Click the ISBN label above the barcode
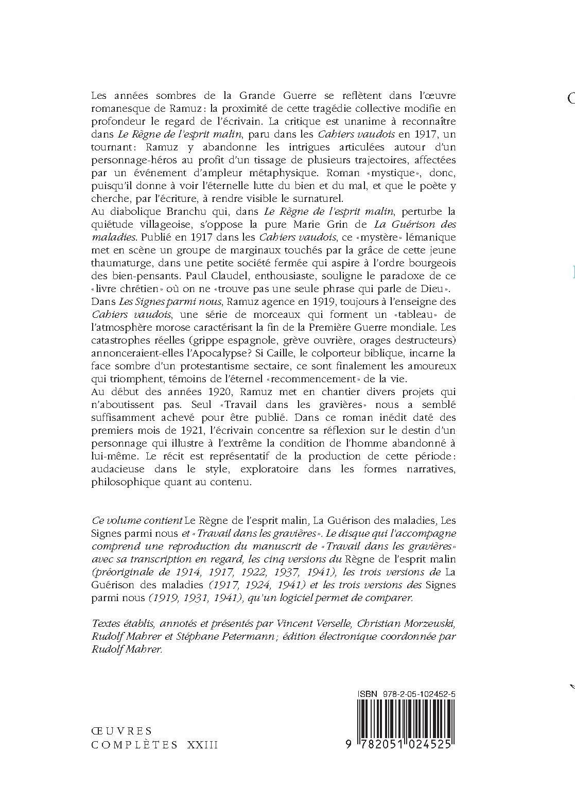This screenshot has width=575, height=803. (x=367, y=694)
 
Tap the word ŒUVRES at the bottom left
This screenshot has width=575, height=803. (x=121, y=731)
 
